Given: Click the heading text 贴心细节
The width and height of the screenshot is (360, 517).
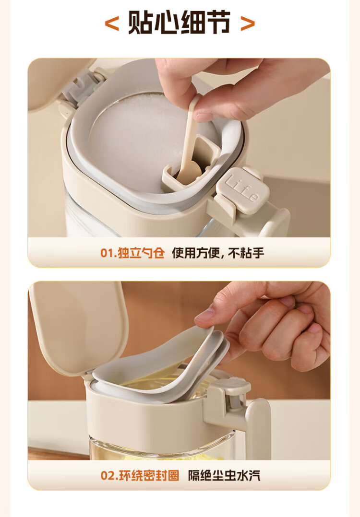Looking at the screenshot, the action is (179, 23).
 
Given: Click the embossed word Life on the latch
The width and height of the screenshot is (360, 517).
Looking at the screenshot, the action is (242, 189).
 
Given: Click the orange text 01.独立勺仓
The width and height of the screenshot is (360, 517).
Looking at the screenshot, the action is (132, 253).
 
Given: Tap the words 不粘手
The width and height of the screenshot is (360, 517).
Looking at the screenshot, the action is (246, 253).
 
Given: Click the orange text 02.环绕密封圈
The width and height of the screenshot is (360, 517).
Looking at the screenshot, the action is (140, 475).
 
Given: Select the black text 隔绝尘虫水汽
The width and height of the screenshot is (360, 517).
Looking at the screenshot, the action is (224, 475).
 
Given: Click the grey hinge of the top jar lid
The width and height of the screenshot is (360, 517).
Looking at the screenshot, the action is (81, 87).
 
